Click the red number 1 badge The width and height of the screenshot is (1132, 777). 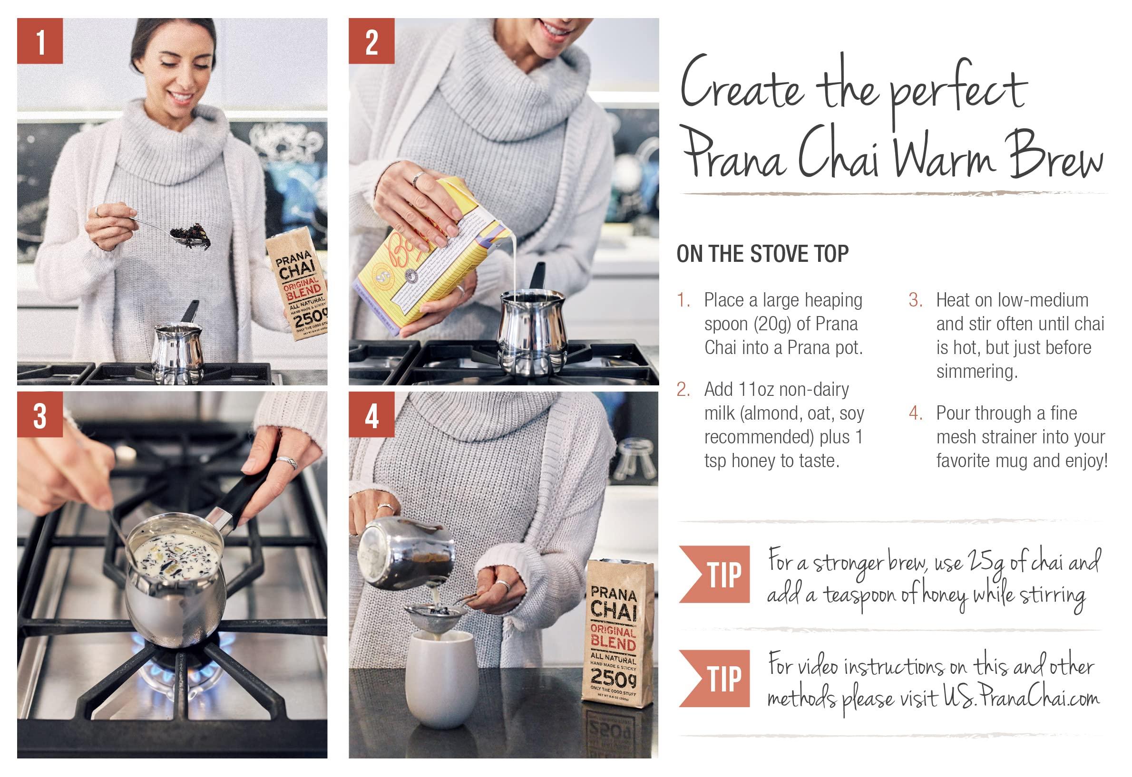40,41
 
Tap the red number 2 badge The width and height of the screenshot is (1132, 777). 371,41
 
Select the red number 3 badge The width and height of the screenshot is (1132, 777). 40,414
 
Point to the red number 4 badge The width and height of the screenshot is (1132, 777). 371,414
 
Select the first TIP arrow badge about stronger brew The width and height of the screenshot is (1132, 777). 714,575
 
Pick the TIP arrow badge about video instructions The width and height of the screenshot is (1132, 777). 714,678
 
